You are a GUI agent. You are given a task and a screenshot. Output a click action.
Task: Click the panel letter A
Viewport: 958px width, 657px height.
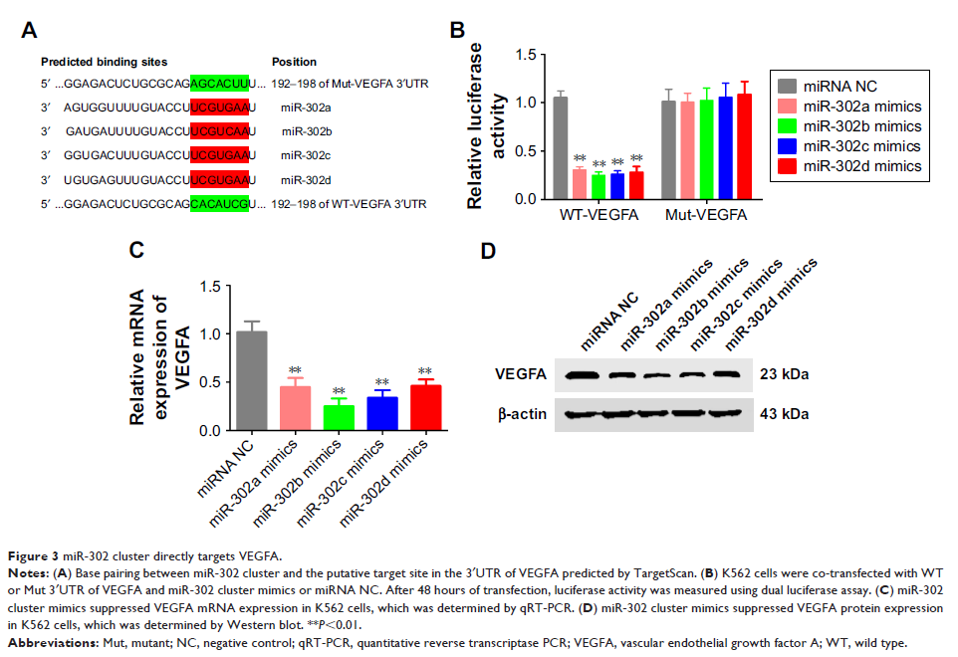[30, 30]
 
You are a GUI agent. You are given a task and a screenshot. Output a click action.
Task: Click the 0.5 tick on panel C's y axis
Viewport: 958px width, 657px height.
[208, 383]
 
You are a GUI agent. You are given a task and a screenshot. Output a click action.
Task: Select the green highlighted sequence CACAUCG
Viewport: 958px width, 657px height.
[218, 205]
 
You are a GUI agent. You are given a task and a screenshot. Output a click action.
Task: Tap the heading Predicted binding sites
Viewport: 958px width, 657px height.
[104, 62]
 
